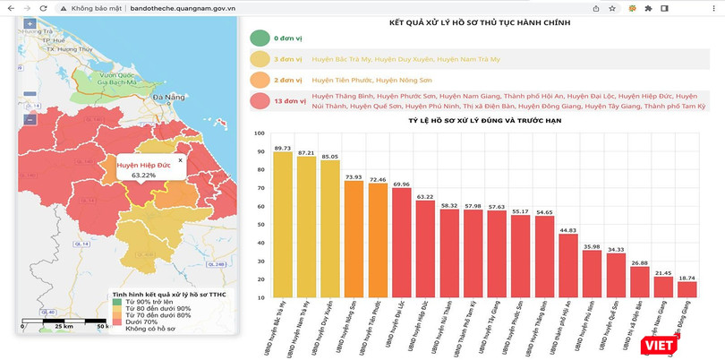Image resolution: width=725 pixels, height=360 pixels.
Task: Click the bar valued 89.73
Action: [282, 224]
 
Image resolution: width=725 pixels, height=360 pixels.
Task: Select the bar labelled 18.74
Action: [687, 289]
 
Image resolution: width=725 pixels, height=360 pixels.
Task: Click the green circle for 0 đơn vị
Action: [260, 39]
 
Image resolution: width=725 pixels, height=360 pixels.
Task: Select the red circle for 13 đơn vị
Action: [260, 100]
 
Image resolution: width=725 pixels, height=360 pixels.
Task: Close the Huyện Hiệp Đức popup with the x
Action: [180, 160]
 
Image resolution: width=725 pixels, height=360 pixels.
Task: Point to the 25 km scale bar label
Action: [64, 326]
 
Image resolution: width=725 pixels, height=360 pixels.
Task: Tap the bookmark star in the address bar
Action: [611, 7]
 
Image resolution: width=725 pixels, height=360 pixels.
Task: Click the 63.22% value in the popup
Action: [143, 176]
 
